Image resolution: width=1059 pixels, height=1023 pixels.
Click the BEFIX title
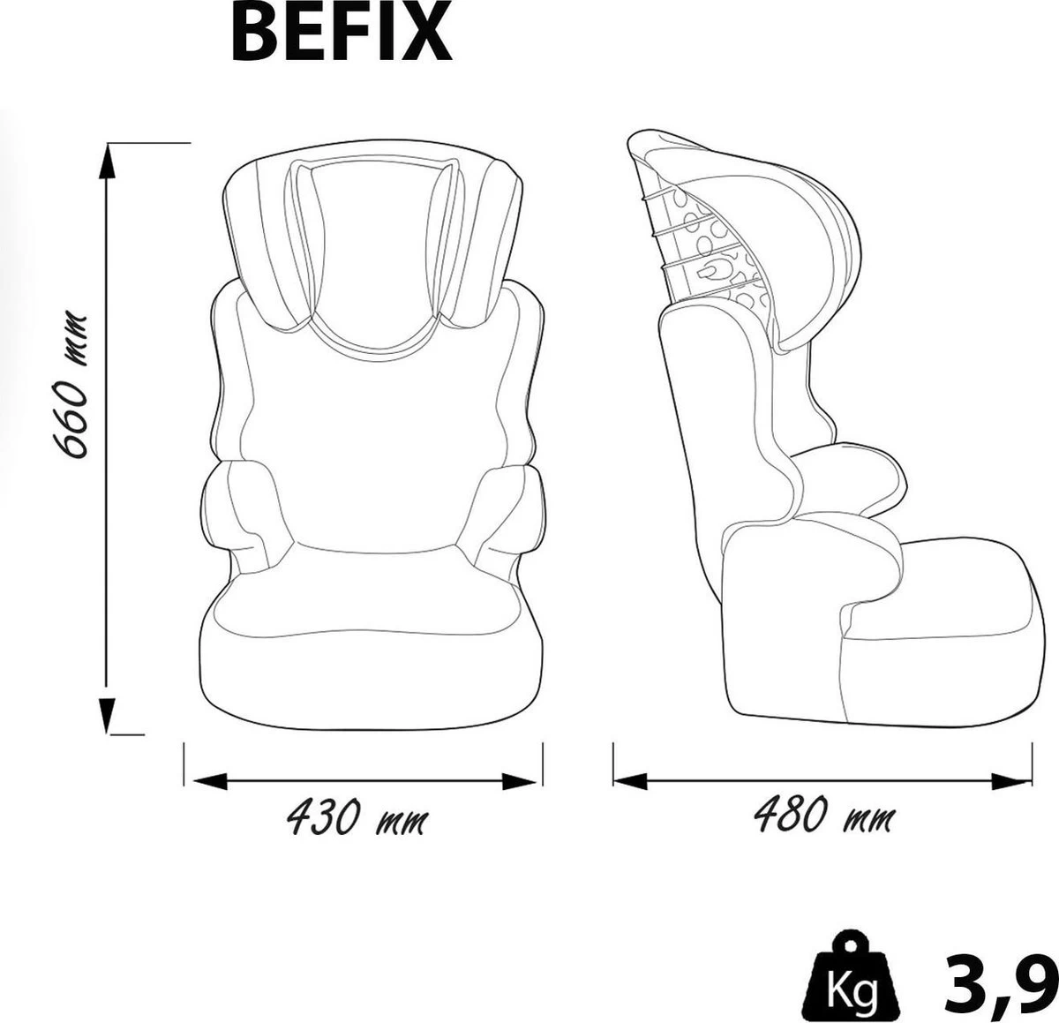342,34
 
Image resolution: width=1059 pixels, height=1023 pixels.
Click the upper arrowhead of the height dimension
107,161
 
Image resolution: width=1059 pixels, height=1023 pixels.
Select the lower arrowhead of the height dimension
107,713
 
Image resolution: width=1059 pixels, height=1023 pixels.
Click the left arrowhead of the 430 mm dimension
210,781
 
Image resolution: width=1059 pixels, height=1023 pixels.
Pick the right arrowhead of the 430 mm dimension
519,781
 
